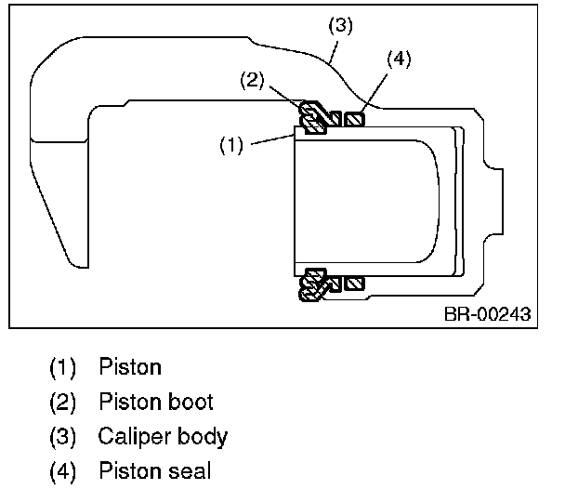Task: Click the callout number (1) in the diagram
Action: point(231,145)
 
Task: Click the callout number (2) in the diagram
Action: point(252,80)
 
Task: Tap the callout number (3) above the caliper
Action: point(340,25)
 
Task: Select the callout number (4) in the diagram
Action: point(399,59)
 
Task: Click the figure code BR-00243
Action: point(488,314)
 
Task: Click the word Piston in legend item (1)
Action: point(130,367)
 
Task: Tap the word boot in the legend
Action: point(191,402)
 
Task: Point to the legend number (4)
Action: point(62,471)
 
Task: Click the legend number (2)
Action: point(62,403)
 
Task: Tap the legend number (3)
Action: point(62,437)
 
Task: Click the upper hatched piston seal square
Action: point(355,120)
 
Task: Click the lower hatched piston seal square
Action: point(355,284)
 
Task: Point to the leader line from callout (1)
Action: point(273,139)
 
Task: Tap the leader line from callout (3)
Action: point(334,52)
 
